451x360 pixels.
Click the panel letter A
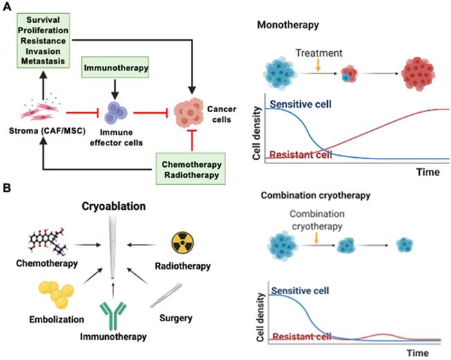point(6,6)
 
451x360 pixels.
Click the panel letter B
point(6,186)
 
